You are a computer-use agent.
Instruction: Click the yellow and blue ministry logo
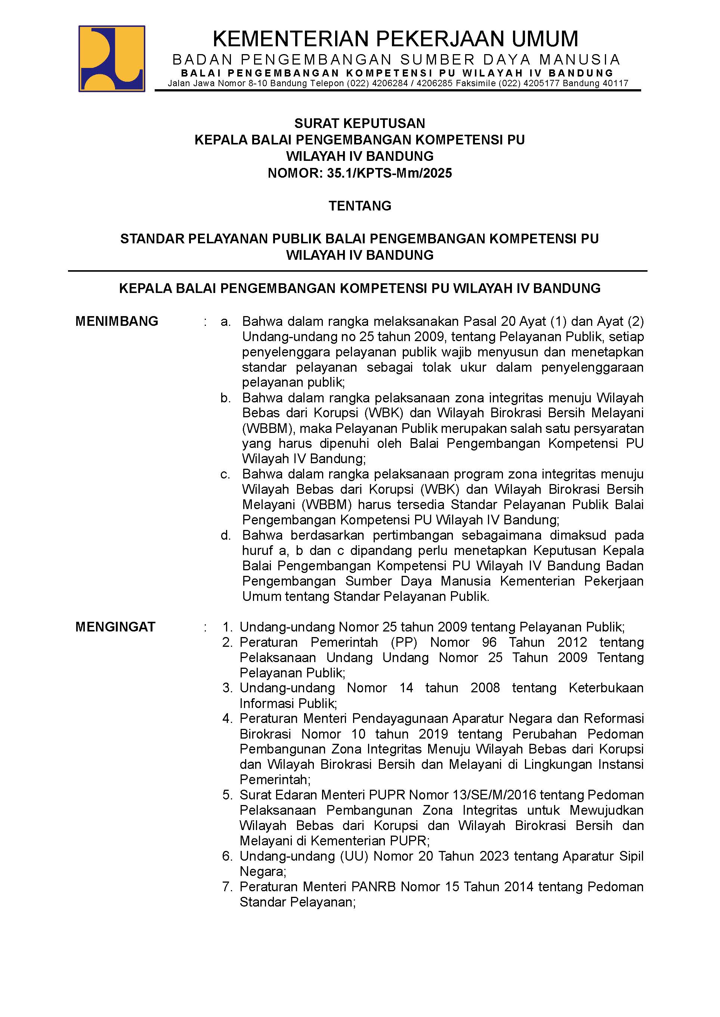(x=112, y=59)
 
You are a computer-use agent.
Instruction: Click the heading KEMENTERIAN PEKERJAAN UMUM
(x=395, y=39)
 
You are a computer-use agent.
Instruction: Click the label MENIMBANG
(x=117, y=321)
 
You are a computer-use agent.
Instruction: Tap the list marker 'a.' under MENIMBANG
(x=226, y=322)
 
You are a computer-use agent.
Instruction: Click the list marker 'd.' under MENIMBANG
(x=226, y=536)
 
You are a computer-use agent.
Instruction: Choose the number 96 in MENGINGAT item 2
(x=490, y=642)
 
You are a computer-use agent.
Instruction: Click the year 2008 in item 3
(x=485, y=688)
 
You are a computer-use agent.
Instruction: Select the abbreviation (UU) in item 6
(x=354, y=856)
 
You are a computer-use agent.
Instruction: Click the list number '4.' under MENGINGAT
(x=228, y=718)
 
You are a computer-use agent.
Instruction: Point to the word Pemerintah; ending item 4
(x=275, y=780)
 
